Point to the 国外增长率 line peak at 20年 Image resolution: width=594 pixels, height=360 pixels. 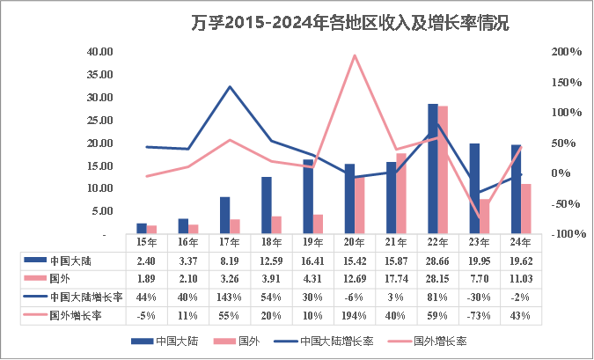click(x=354, y=55)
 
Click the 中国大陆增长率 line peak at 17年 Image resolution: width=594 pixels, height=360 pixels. click(x=230, y=86)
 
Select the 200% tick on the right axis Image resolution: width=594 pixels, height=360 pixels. click(x=567, y=52)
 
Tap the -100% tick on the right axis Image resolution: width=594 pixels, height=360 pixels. click(x=565, y=234)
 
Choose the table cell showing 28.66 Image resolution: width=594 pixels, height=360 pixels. click(x=437, y=261)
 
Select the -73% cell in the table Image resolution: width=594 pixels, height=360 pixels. click(x=480, y=314)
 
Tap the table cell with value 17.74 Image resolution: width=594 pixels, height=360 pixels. click(x=395, y=278)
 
